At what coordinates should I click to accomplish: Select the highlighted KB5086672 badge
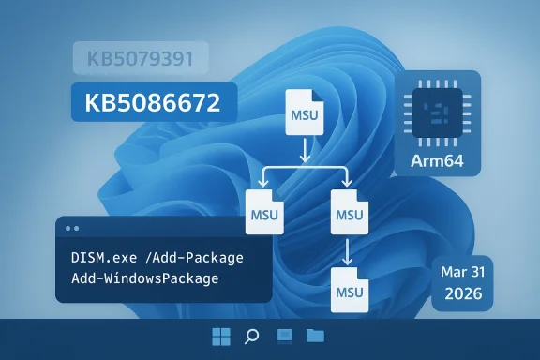pyautogui.click(x=154, y=102)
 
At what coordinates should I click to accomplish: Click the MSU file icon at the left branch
pyautogui.click(x=261, y=211)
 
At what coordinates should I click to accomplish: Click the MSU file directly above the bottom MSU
pyautogui.click(x=347, y=211)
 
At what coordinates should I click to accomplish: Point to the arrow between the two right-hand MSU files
pyautogui.click(x=347, y=249)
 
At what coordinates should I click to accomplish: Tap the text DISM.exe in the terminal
pyautogui.click(x=104, y=258)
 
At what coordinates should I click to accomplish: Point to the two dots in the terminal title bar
pyautogui.click(x=72, y=228)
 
